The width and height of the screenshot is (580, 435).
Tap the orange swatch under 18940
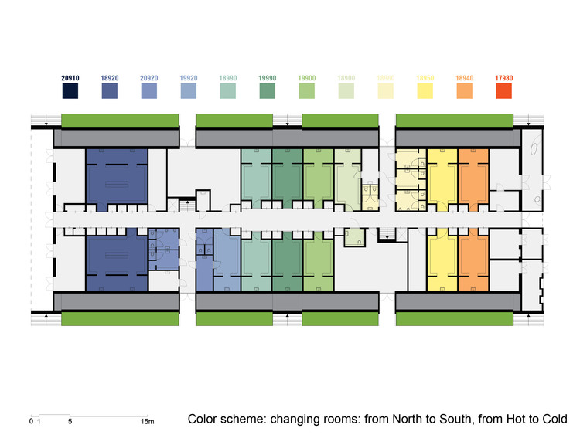tap(466, 92)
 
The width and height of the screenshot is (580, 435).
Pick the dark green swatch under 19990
tap(268, 92)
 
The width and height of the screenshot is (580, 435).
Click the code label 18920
tap(111, 78)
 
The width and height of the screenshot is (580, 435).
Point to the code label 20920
tap(150, 78)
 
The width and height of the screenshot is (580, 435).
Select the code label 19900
tap(308, 78)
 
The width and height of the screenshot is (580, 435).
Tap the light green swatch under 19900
tap(308, 92)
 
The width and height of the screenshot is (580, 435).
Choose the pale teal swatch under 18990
tap(229, 92)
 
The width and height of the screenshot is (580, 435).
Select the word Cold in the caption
tap(554, 420)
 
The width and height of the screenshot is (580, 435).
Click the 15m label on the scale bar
tap(147, 422)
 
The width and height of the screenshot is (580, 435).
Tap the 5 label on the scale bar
tap(70, 422)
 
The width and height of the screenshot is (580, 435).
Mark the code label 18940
tap(466, 78)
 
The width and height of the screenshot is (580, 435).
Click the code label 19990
tap(268, 78)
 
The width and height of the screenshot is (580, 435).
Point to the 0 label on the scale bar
tap(31, 422)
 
